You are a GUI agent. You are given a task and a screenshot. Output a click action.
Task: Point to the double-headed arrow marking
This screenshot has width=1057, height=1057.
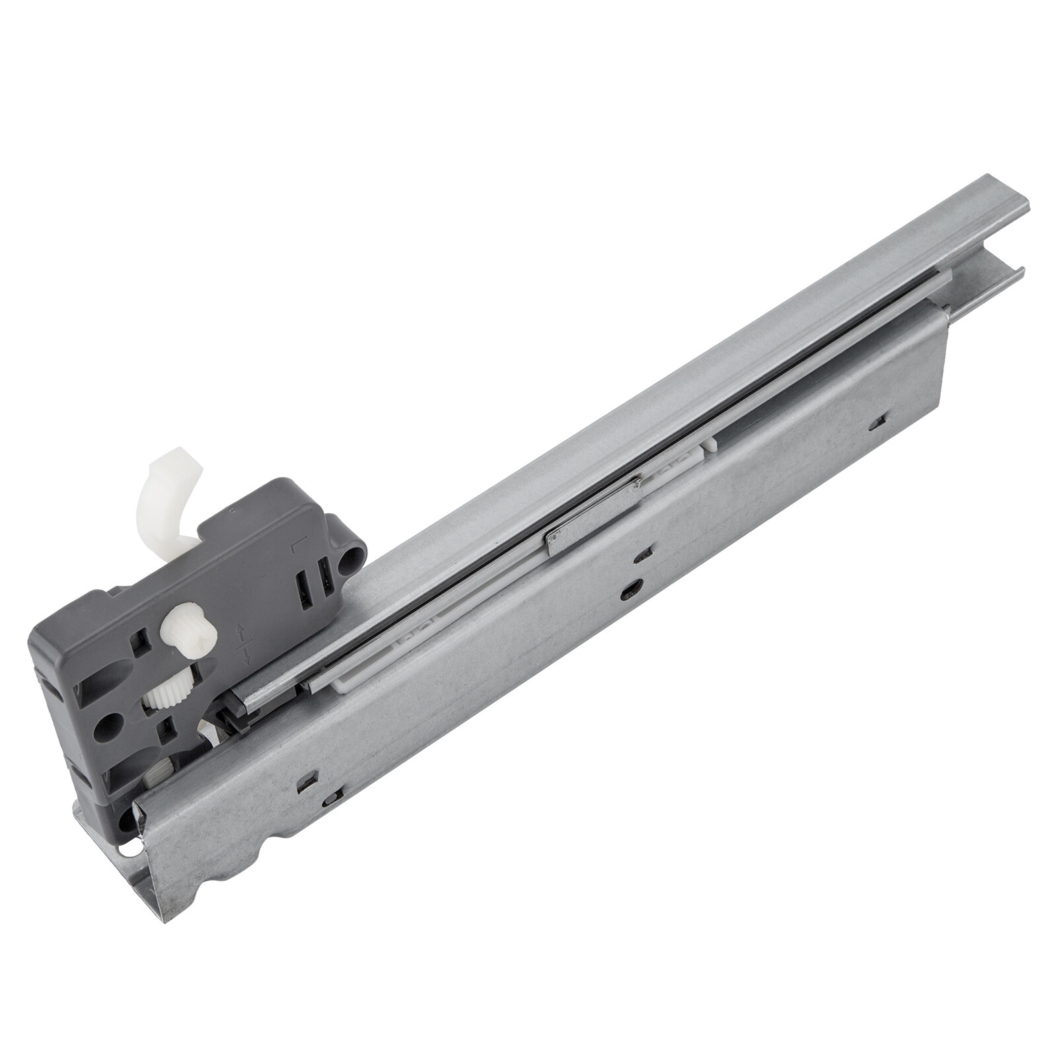[242, 647]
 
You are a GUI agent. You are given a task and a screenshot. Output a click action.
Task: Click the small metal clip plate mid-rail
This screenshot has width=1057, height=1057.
[590, 515]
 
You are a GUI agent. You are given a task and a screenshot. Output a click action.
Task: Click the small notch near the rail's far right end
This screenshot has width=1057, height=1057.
[879, 419]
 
